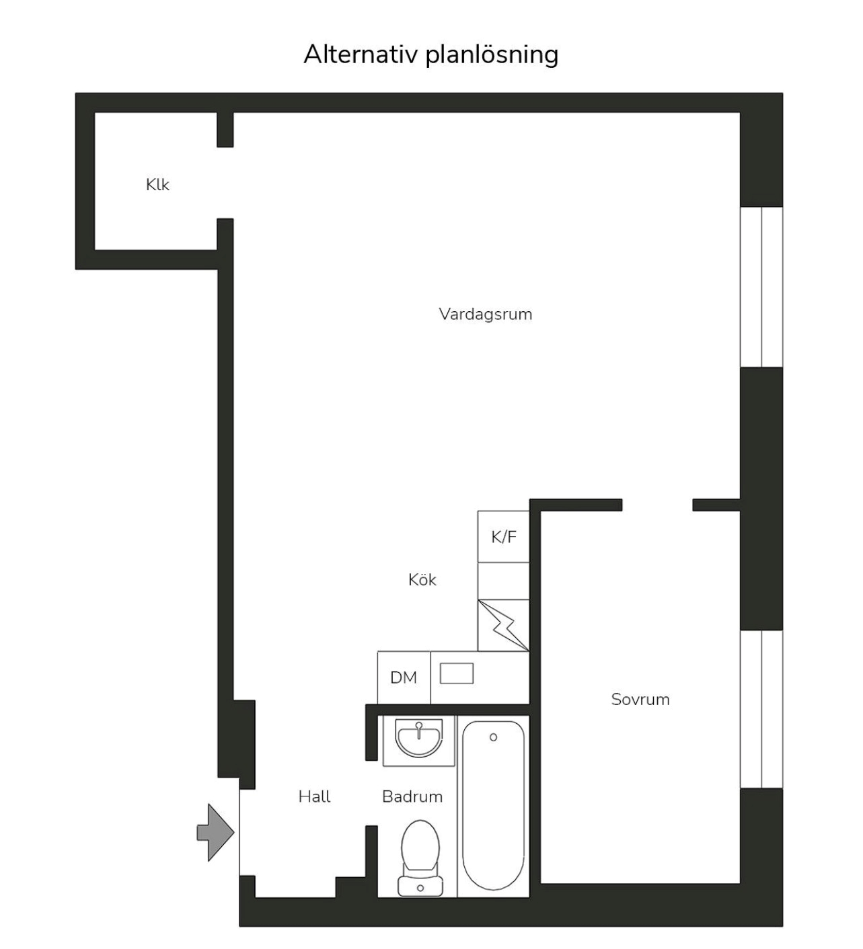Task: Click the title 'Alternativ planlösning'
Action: coord(430,55)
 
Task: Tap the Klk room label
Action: coord(157,185)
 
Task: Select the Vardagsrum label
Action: coord(486,314)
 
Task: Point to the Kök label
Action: coord(422,579)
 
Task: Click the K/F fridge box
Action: coord(503,536)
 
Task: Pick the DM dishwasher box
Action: coord(404,677)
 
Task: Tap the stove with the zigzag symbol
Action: coord(503,626)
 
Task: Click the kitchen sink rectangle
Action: coord(457,673)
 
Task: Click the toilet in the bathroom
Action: coord(420,858)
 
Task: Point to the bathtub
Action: coord(493,806)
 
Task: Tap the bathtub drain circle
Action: coord(493,737)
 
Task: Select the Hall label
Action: coord(315,796)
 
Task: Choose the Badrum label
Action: coord(412,796)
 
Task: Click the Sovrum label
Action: coord(640,699)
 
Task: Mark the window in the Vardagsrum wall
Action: coord(761,287)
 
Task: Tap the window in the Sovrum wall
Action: coord(761,709)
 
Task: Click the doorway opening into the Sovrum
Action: coord(657,505)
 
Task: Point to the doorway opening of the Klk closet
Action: coord(225,183)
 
